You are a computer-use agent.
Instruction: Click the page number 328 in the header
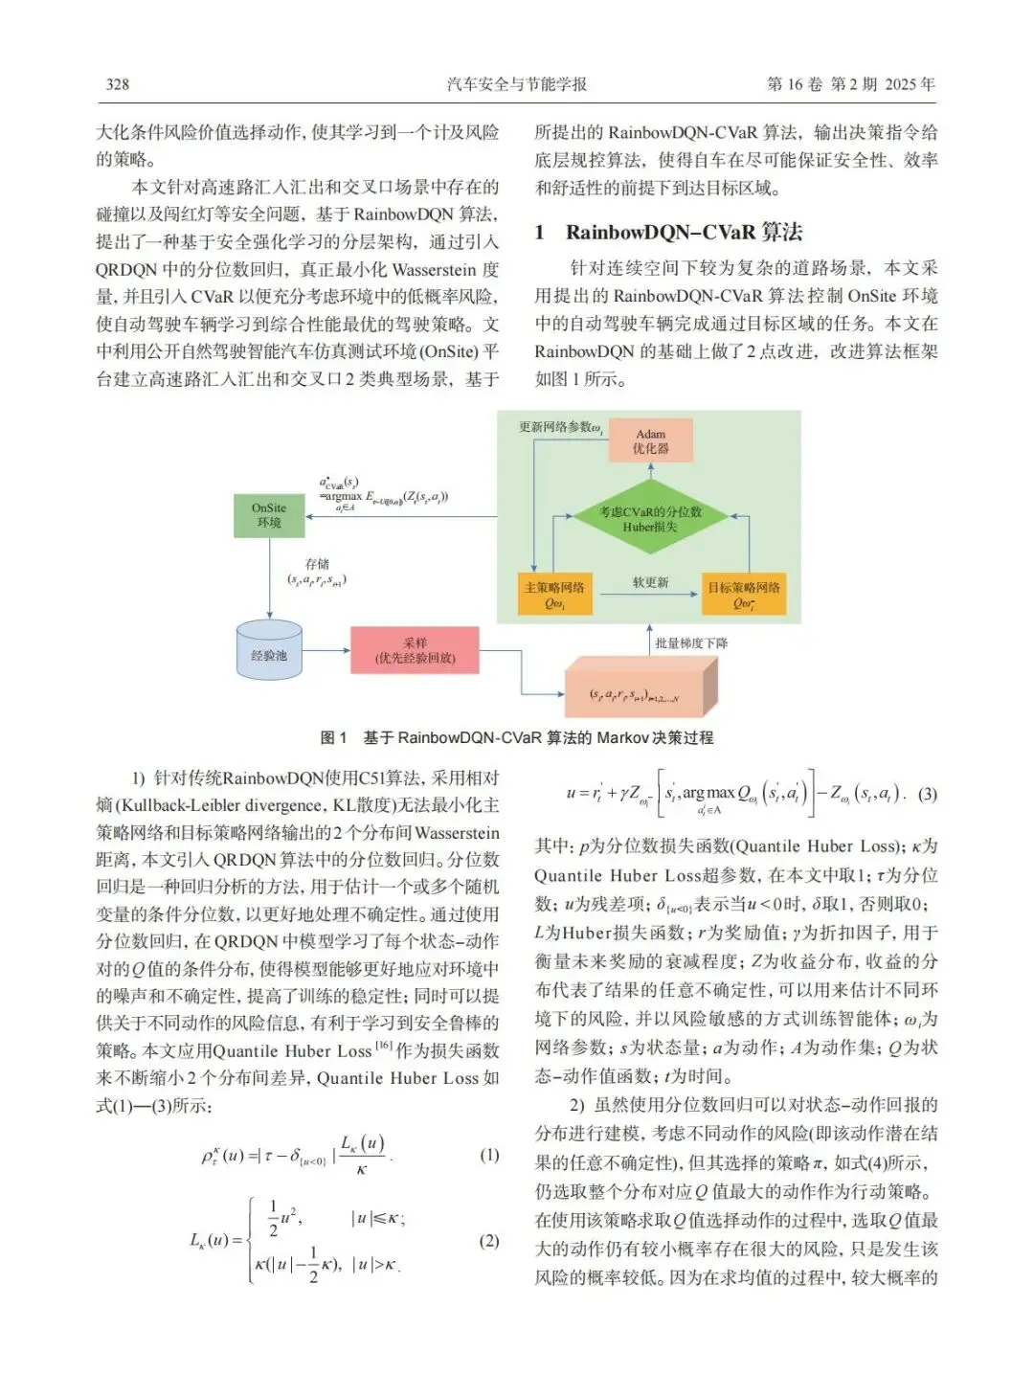click(117, 84)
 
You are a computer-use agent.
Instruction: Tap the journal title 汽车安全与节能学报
click(516, 84)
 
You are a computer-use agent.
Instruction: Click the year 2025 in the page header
click(900, 84)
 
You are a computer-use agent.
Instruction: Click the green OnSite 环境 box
click(269, 515)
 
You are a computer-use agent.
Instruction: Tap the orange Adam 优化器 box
click(650, 440)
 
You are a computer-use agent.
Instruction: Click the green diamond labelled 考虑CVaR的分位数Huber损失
click(650, 519)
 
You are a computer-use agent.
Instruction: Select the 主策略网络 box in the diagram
click(554, 595)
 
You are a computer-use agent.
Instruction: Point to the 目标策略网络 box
click(744, 595)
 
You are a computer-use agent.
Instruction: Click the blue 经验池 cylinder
click(269, 654)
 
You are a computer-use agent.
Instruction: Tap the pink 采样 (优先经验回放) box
click(415, 650)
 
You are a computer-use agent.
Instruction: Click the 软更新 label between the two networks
click(650, 582)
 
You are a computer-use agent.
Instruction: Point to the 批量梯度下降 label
click(690, 643)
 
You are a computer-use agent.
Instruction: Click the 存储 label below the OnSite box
click(317, 564)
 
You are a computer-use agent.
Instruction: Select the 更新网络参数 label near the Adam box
click(559, 427)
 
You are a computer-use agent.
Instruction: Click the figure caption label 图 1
click(333, 738)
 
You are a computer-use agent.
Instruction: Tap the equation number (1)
click(489, 1155)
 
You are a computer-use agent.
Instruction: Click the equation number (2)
click(489, 1241)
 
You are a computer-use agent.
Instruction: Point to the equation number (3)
click(927, 794)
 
